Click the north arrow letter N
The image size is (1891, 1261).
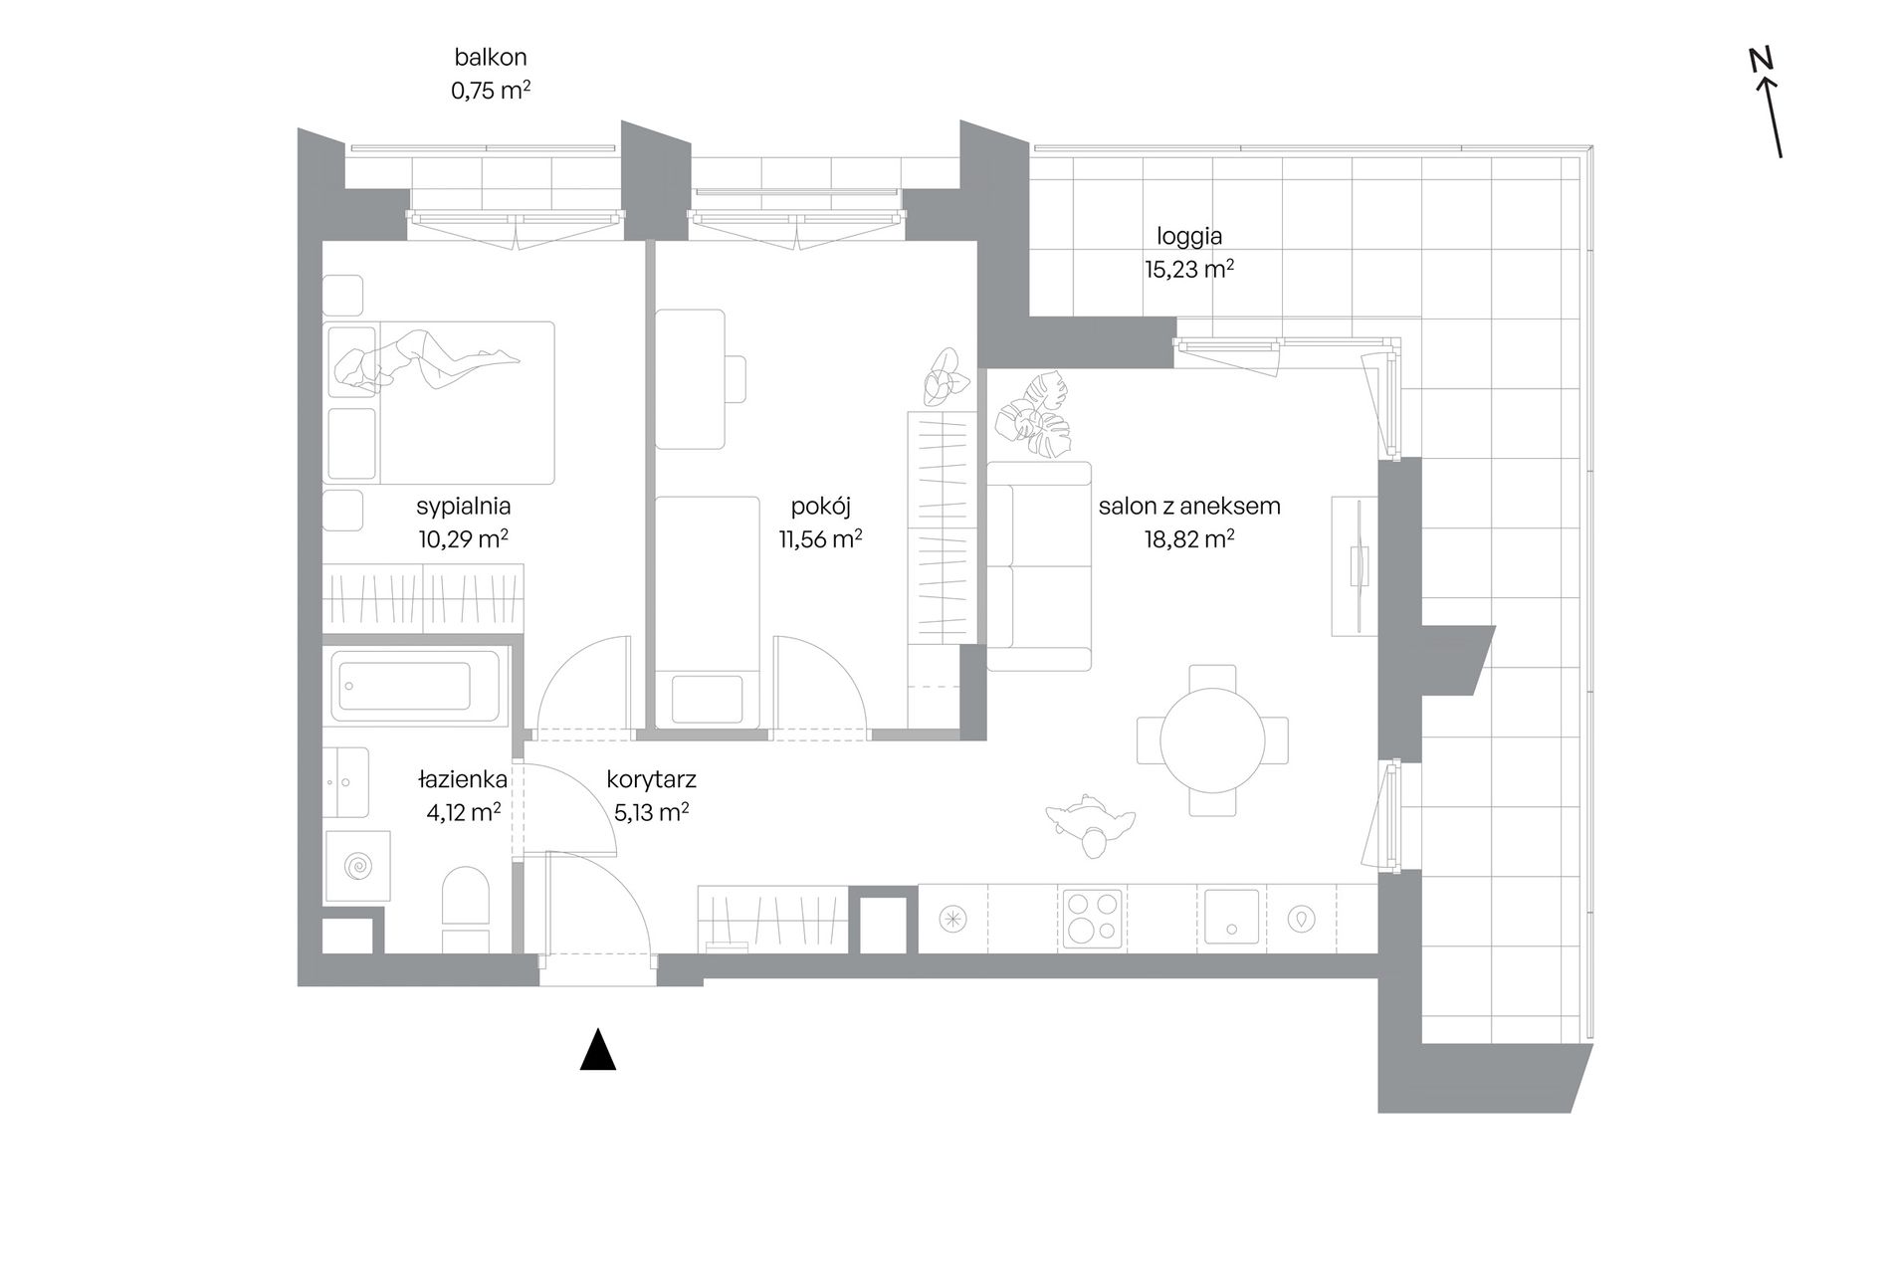[1762, 60]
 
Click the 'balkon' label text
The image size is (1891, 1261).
[491, 58]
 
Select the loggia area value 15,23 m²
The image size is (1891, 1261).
[1189, 269]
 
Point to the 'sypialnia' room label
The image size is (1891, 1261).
[464, 506]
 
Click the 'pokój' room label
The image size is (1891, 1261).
[821, 506]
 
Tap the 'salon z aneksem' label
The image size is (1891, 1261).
[1189, 506]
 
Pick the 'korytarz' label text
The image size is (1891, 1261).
[651, 779]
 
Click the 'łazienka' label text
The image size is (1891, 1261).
[463, 778]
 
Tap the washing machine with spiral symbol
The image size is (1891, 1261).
[357, 866]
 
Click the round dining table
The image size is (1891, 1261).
[1213, 740]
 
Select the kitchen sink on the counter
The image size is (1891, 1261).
[1232, 917]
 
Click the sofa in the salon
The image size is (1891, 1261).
[1039, 566]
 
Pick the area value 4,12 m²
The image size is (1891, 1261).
[463, 812]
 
